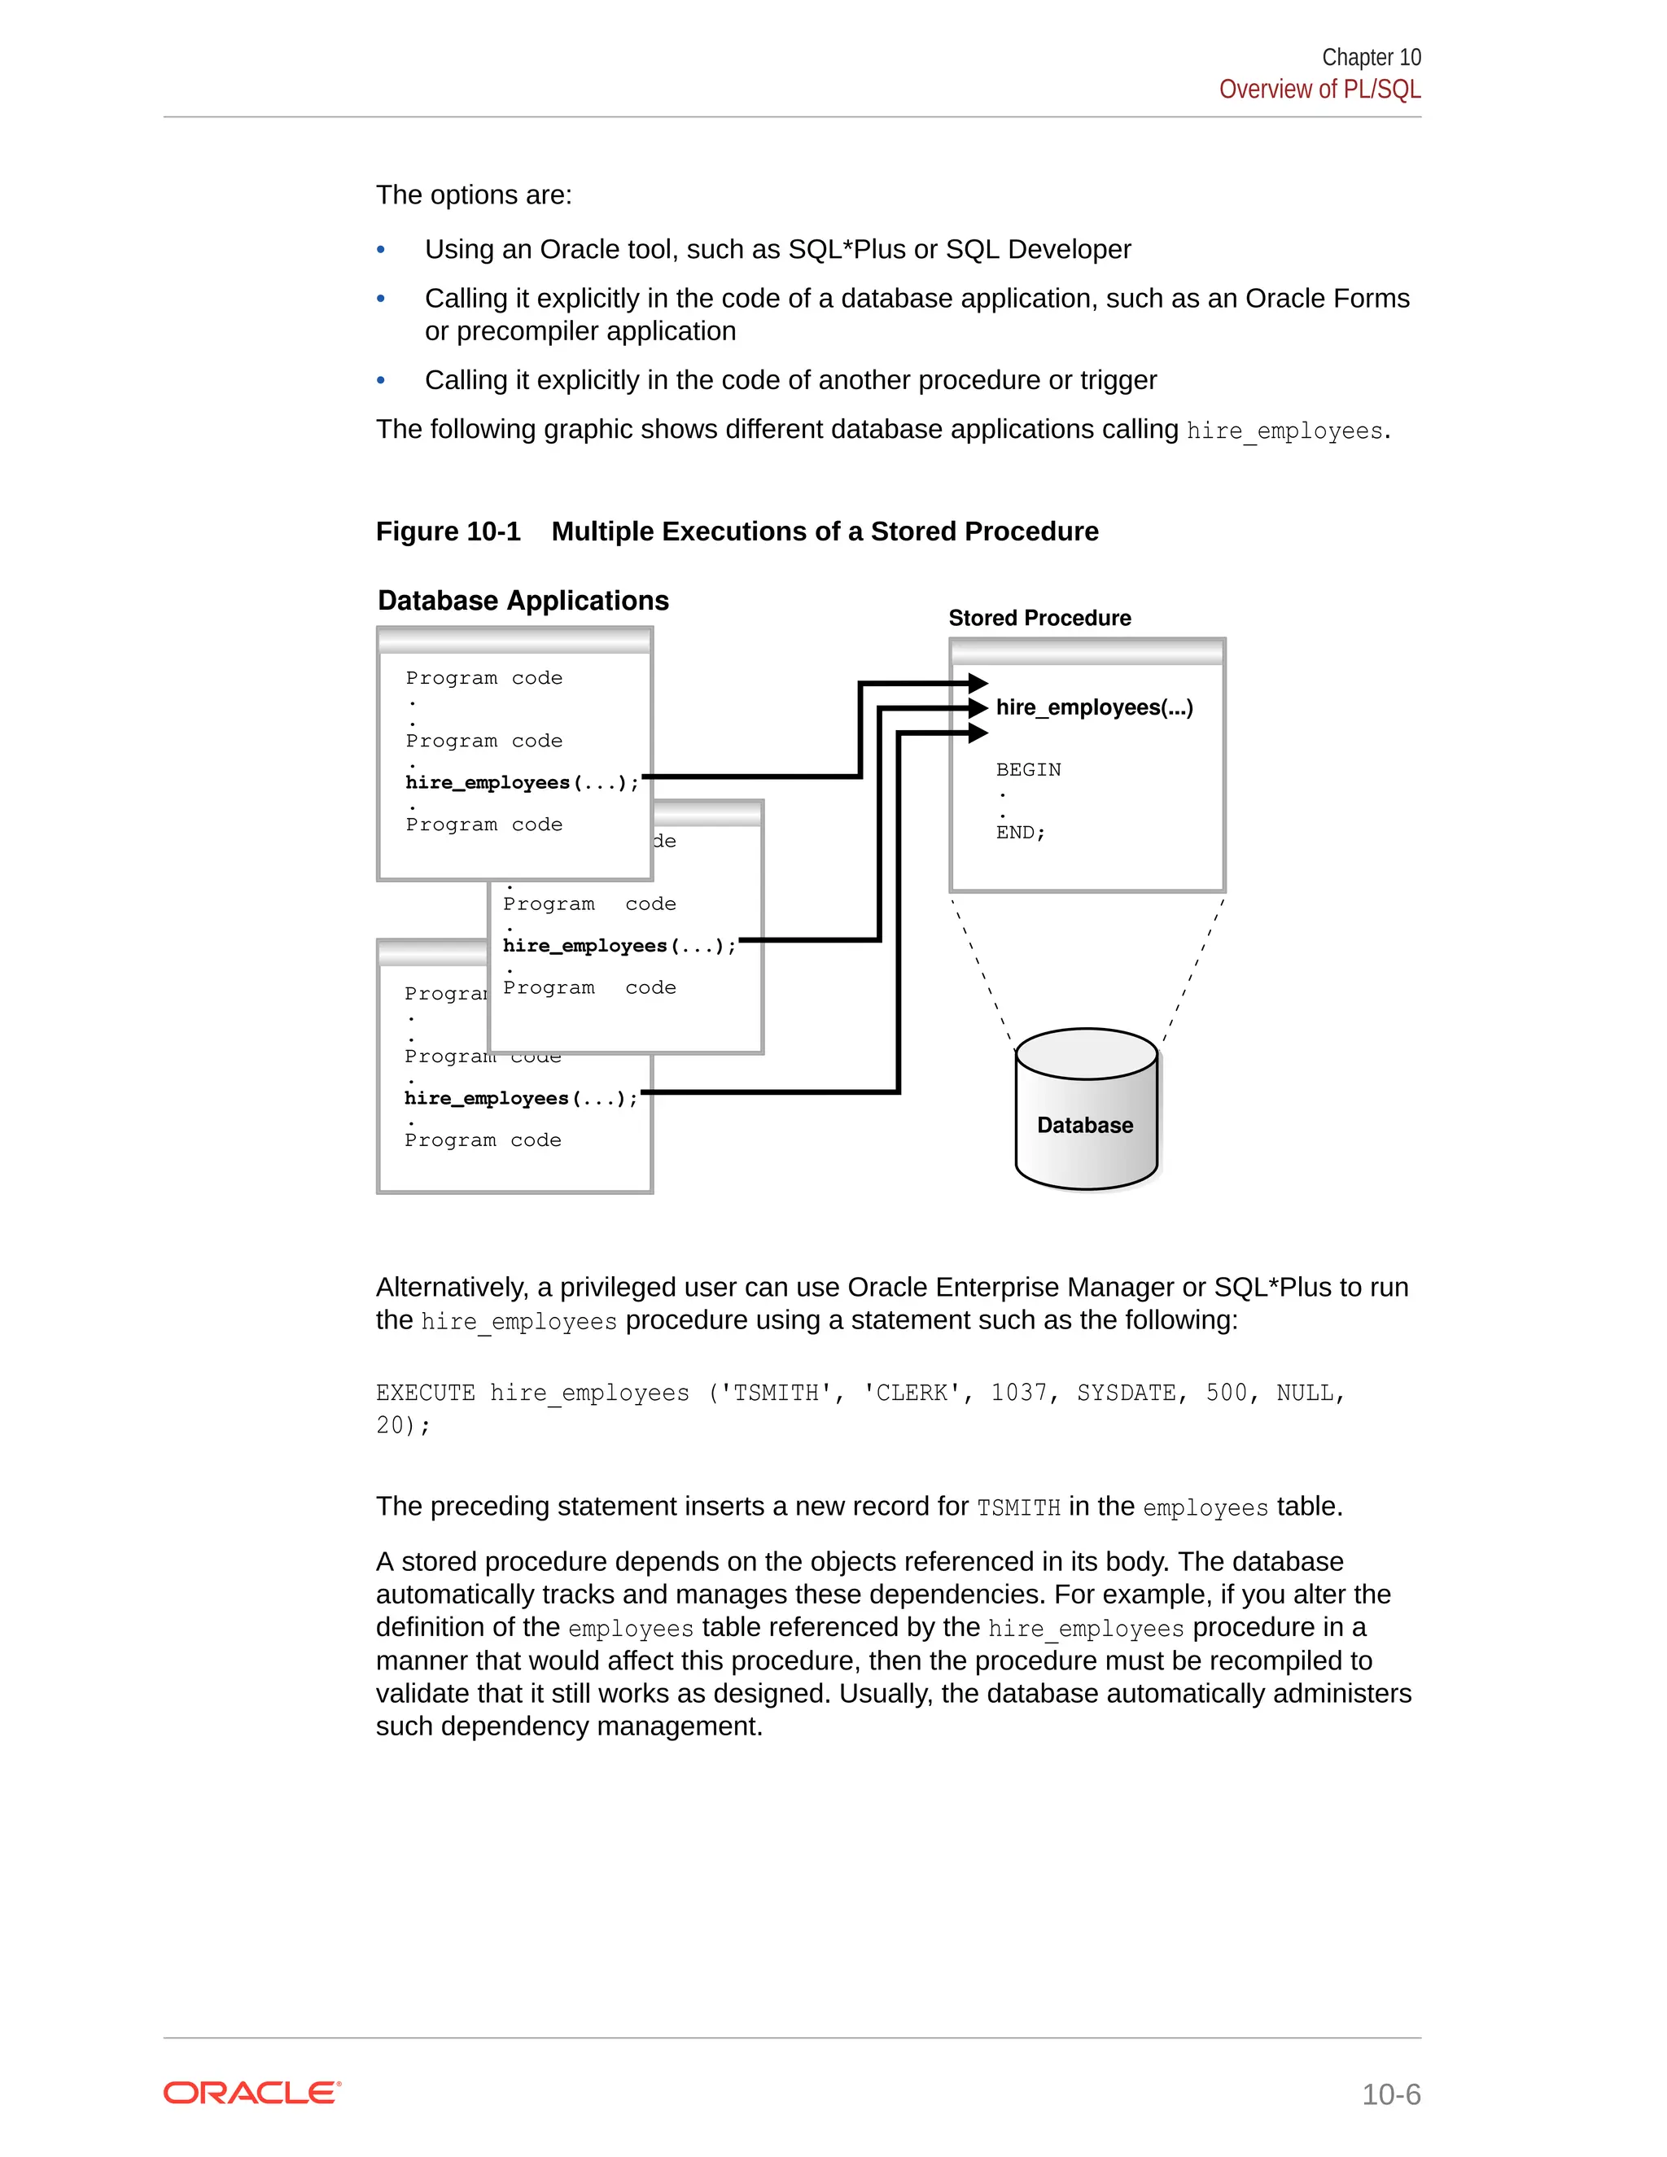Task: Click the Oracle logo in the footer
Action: pos(252,2093)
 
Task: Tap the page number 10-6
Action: pos(1390,2094)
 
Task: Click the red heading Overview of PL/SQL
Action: pos(1319,90)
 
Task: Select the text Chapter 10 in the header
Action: pos(1371,57)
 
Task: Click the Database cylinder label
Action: pos(1084,1125)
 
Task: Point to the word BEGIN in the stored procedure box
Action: pos(1028,769)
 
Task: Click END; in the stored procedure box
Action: pos(1020,833)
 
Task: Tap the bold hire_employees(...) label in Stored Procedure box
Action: pos(1093,707)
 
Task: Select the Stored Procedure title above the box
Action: pos(1039,619)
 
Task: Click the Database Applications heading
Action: pos(523,601)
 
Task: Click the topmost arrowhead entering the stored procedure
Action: pos(978,682)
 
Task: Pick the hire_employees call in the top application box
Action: pos(522,782)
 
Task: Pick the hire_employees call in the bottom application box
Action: pos(520,1098)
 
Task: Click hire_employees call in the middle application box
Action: pos(619,946)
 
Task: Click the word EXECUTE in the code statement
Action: pos(425,1394)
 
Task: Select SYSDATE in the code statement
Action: pos(1126,1394)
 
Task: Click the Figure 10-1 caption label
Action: pos(448,532)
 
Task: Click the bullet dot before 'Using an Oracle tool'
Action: pos(381,250)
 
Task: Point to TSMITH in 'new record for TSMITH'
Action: pos(1018,1508)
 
